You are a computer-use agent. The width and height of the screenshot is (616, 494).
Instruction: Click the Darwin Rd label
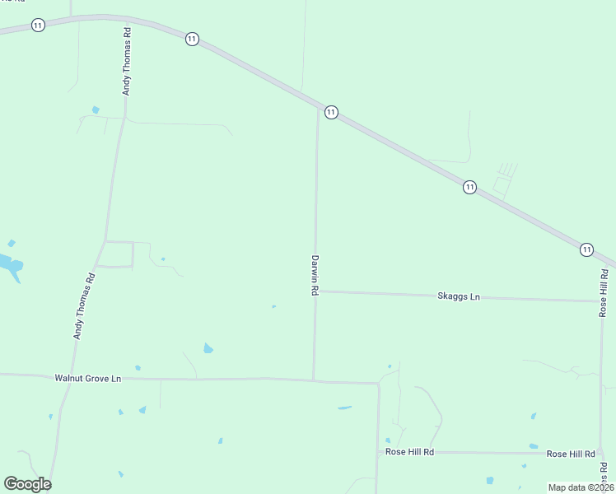point(315,275)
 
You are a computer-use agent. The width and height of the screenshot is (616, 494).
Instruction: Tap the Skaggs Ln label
point(459,296)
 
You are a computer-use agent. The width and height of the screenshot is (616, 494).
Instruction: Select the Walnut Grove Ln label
point(87,378)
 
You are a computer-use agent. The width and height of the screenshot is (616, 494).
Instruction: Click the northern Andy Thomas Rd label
point(127,62)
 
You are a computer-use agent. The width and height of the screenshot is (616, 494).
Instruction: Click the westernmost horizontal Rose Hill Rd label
point(410,452)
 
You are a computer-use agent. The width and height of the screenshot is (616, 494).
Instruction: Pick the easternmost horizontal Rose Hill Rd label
point(571,454)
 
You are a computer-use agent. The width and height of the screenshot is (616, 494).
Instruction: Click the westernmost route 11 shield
point(38,26)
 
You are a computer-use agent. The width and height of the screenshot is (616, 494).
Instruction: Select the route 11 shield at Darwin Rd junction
point(330,112)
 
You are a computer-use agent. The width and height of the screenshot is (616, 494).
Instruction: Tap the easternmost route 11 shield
point(586,249)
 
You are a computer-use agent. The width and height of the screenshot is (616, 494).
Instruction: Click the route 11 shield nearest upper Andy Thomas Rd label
point(192,39)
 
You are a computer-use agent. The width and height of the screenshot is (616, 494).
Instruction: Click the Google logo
point(27,484)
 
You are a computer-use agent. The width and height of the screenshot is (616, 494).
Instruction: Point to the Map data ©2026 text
point(581,487)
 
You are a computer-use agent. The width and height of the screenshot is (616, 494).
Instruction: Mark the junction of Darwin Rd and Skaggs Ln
point(315,291)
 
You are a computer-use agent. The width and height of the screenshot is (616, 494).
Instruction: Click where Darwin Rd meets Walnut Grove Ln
point(313,380)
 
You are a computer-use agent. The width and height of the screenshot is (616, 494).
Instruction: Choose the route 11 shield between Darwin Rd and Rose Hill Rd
point(469,187)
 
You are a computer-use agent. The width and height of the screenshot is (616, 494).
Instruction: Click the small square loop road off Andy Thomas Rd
point(115,254)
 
